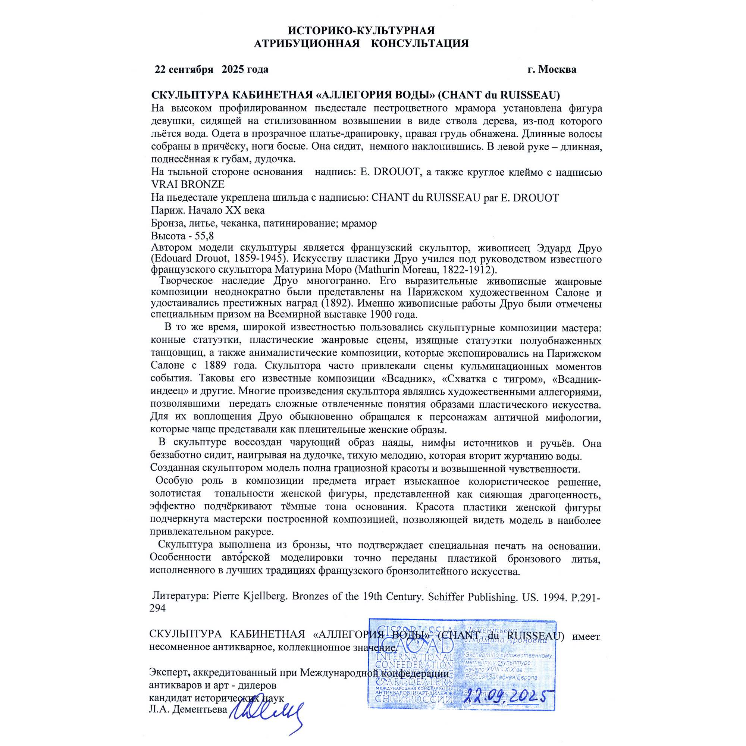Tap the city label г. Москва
tap(552, 69)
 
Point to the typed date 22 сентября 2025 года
tap(211, 69)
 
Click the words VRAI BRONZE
tap(188, 185)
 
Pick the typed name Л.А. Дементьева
tap(188, 709)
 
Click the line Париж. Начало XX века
tap(208, 210)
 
